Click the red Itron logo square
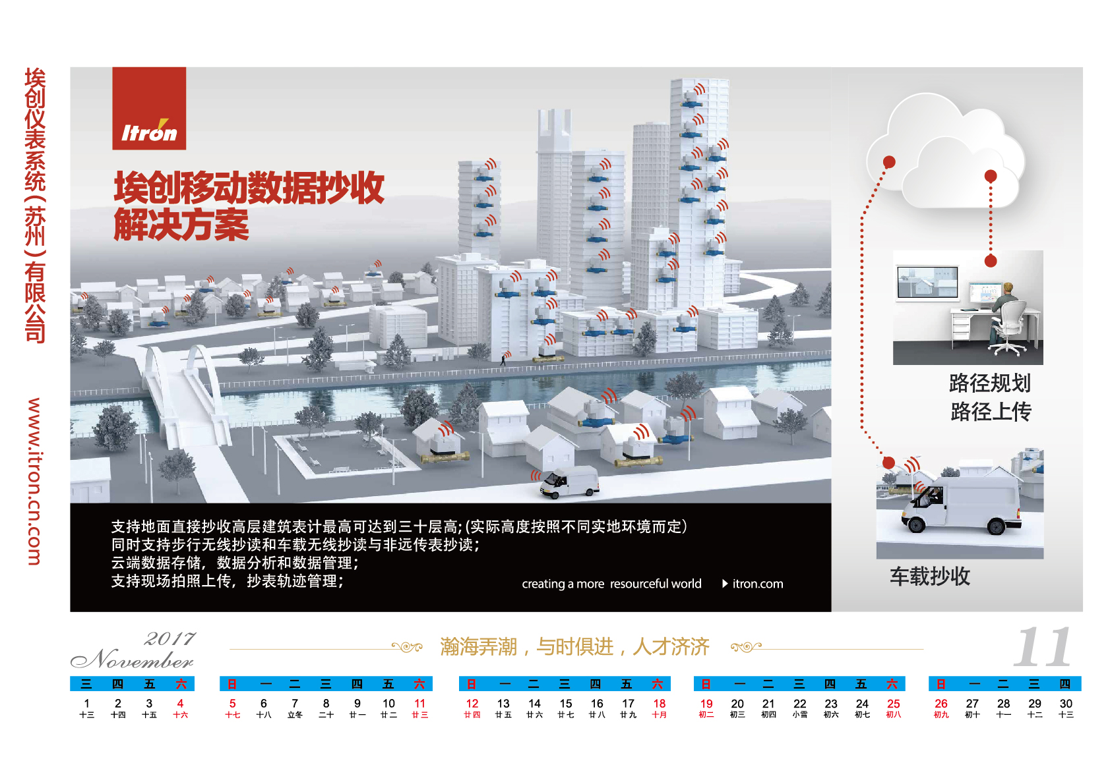point(149,109)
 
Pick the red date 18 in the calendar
point(659,704)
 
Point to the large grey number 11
point(1043,646)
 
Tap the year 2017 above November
point(170,638)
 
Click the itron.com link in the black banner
point(758,584)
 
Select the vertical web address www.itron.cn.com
point(34,481)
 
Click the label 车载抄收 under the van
point(930,576)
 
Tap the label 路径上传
point(991,412)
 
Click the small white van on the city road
point(570,481)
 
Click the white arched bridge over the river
point(183,391)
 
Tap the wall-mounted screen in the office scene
point(927,283)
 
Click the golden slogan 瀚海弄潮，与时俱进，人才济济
point(575,646)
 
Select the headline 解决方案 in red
point(181,226)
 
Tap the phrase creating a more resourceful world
point(611,584)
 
